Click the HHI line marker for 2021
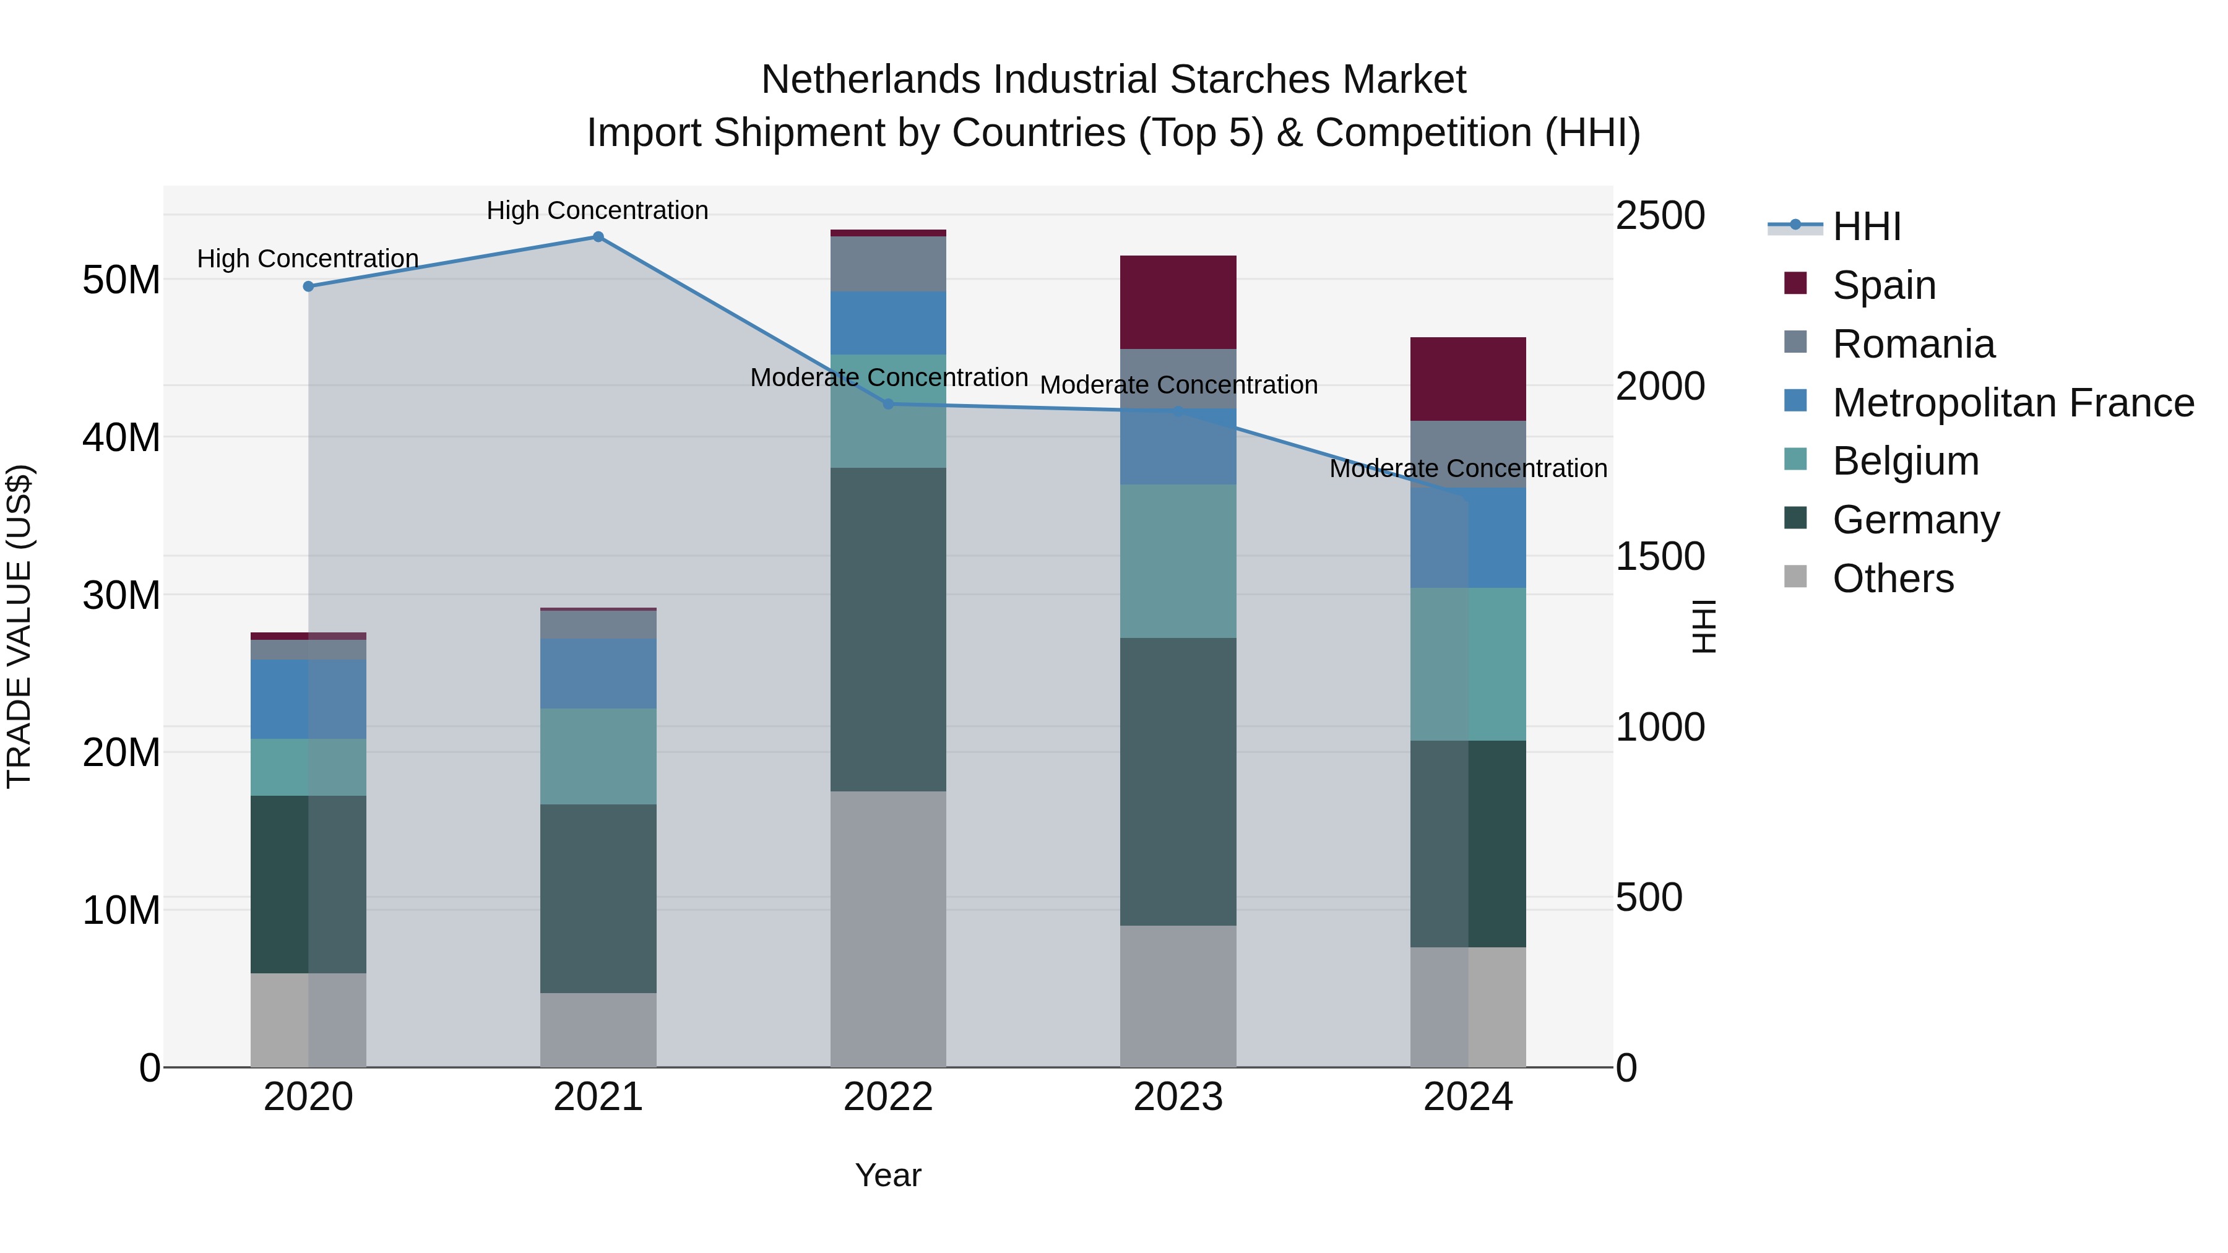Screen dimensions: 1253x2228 pyautogui.click(x=598, y=237)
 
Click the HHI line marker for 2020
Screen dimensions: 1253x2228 pyautogui.click(x=309, y=286)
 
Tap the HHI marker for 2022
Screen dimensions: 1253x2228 pyautogui.click(x=887, y=404)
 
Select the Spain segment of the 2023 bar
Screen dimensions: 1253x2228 pyautogui.click(x=1178, y=302)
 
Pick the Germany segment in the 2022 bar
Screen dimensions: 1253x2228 pyautogui.click(x=887, y=629)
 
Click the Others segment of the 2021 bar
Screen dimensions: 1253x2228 pyautogui.click(x=598, y=1029)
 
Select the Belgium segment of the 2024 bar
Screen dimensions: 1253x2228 pyautogui.click(x=1468, y=663)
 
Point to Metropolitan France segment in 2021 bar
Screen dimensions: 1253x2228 pyautogui.click(x=598, y=674)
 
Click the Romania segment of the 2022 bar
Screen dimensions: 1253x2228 pyautogui.click(x=887, y=264)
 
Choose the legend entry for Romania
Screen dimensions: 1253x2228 pyautogui.click(x=1912, y=344)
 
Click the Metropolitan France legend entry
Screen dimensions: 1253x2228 pyautogui.click(x=2012, y=403)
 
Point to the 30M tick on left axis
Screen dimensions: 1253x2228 pyautogui.click(x=121, y=595)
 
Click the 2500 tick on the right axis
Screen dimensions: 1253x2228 pyautogui.click(x=1659, y=215)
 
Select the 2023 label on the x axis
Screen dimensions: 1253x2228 pyautogui.click(x=1178, y=1097)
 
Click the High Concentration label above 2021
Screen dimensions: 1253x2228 pyautogui.click(x=598, y=210)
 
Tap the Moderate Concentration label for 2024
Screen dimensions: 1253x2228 pyautogui.click(x=1468, y=468)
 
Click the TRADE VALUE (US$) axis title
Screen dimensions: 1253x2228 pyautogui.click(x=19, y=626)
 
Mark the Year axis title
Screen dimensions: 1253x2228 pyautogui.click(x=887, y=1175)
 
